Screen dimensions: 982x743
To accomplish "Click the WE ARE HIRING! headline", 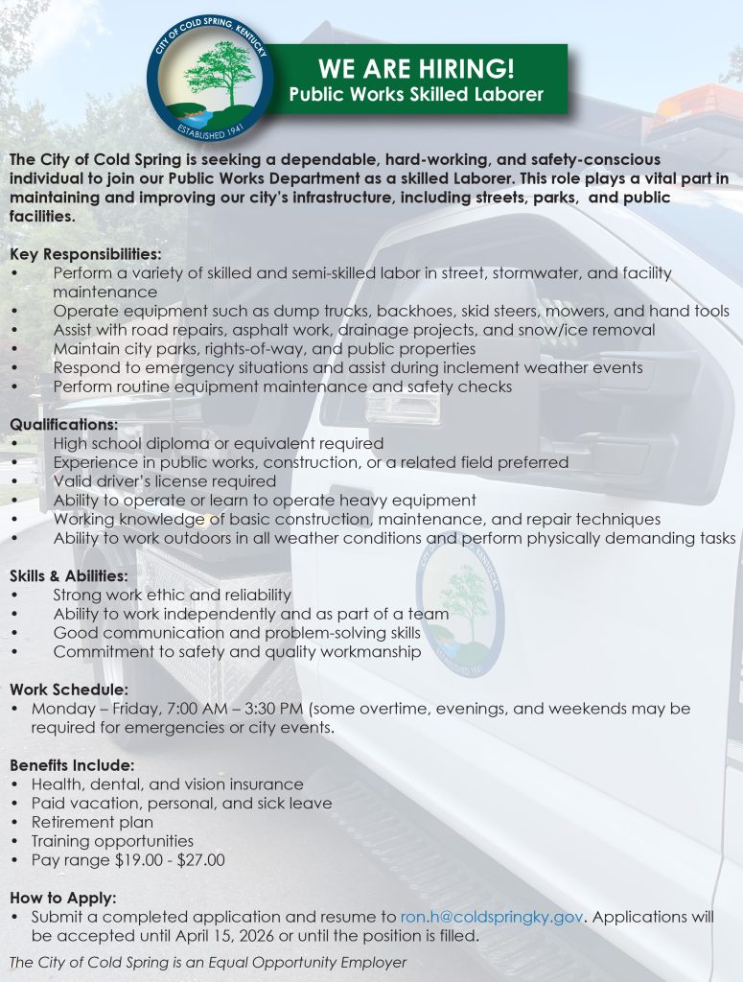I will (x=416, y=69).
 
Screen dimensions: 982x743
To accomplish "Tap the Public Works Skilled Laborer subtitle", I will (x=416, y=94).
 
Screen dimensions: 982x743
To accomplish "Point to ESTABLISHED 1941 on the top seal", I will (x=210, y=128).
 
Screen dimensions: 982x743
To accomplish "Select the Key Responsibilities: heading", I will (x=86, y=254).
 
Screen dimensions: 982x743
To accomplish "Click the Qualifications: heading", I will (x=64, y=424).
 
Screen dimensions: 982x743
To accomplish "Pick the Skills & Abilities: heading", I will (x=69, y=575).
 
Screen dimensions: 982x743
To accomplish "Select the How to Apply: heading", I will (x=63, y=898).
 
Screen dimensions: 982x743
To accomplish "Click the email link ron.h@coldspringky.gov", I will (x=491, y=917).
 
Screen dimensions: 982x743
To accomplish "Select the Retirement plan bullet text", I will (x=92, y=822).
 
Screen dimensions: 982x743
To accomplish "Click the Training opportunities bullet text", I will (x=112, y=841).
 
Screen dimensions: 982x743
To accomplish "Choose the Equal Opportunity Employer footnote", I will (x=207, y=962).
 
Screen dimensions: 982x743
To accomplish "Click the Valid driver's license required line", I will (x=165, y=480).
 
